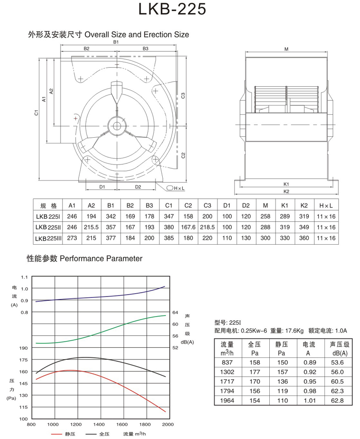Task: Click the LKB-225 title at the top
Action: pyautogui.click(x=172, y=9)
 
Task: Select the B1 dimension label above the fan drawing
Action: pyautogui.click(x=116, y=42)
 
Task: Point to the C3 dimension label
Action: pyautogui.click(x=183, y=95)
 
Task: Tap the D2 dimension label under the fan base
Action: pyautogui.click(x=138, y=187)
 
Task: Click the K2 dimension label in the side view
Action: pyautogui.click(x=286, y=191)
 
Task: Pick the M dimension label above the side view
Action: pyautogui.click(x=286, y=49)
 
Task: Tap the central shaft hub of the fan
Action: pyautogui.click(x=117, y=126)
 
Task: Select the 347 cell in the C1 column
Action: pyautogui.click(x=168, y=216)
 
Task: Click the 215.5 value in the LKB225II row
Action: pyautogui.click(x=91, y=227)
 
